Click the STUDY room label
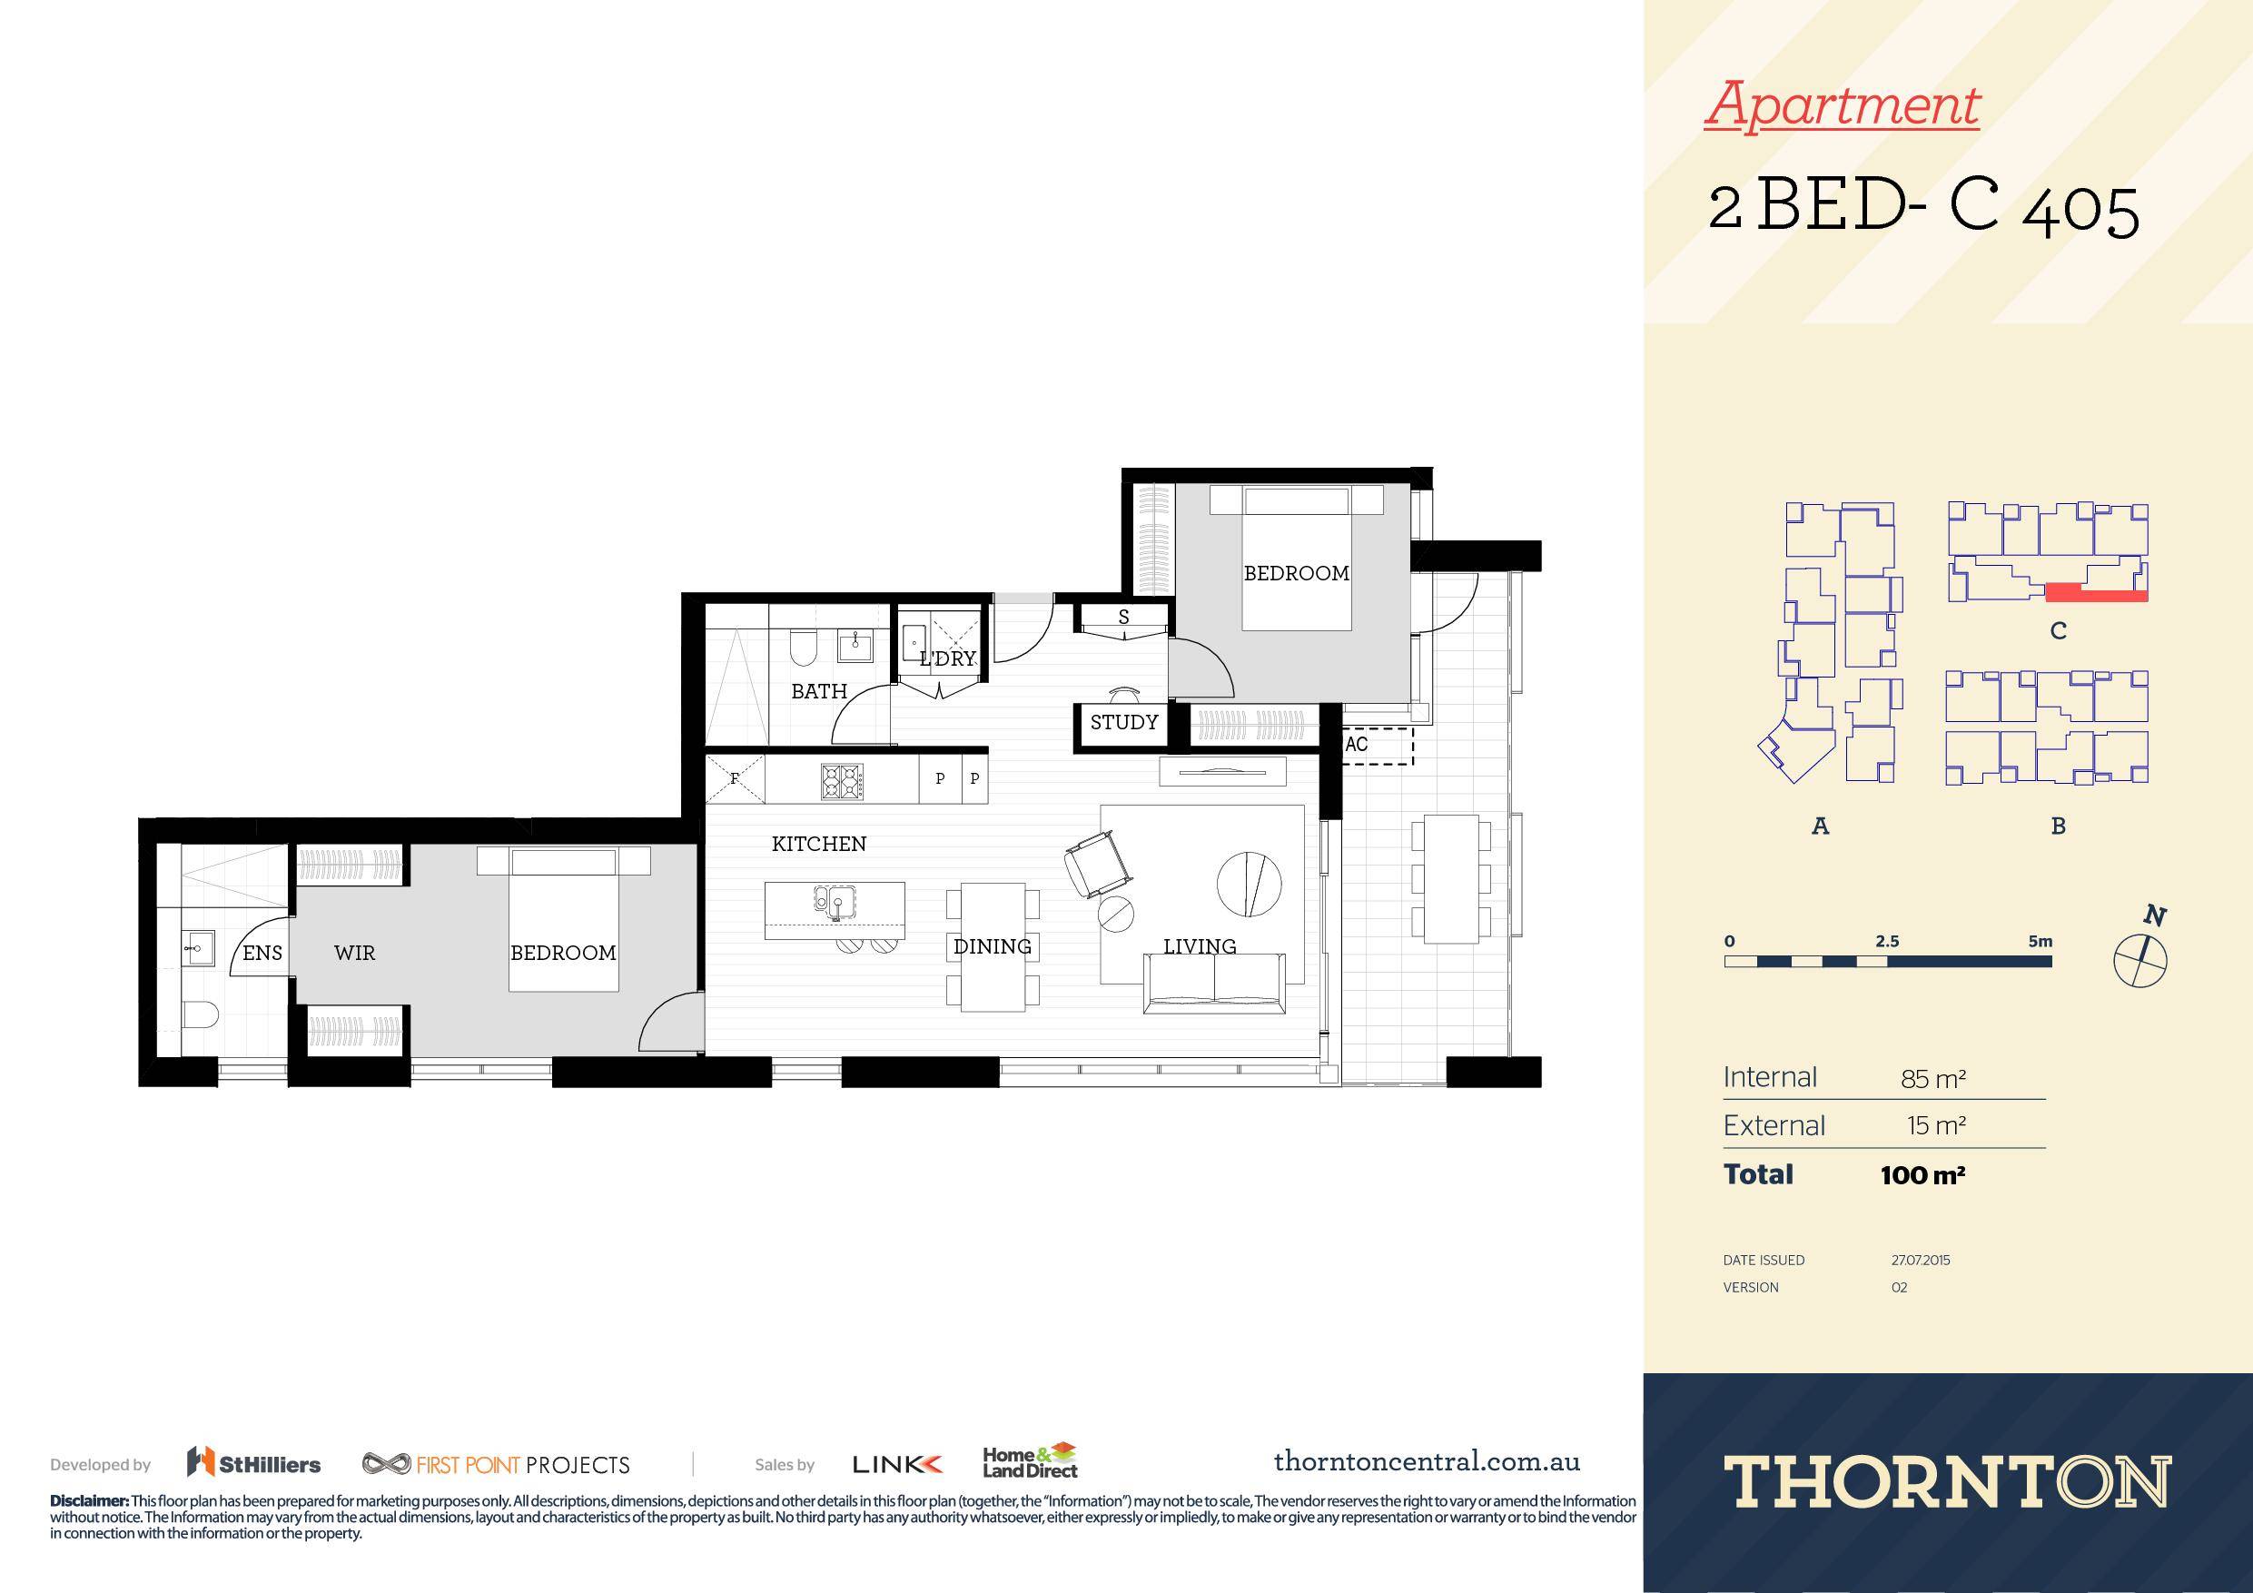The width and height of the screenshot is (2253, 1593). coord(1123,722)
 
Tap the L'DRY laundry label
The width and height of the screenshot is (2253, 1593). coord(947,658)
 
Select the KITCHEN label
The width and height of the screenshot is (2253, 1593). coord(818,844)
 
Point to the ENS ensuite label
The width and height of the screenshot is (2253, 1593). coord(262,953)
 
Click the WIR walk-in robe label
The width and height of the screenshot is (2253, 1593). coord(354,953)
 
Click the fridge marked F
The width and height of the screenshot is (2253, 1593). coord(735,779)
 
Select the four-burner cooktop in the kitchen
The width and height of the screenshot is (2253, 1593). coord(842,779)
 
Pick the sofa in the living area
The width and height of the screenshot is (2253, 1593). coord(1215,983)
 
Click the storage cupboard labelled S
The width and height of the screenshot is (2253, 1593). coord(1123,618)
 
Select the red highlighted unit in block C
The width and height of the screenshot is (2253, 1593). coord(2096,591)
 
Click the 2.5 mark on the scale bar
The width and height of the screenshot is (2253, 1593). coord(1886,941)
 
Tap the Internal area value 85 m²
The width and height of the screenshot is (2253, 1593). coord(1932,1079)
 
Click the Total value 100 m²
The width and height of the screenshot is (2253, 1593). coord(1922,1175)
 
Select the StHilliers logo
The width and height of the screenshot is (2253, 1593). coord(254,1463)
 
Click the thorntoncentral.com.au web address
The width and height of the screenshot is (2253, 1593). coord(1427,1461)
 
